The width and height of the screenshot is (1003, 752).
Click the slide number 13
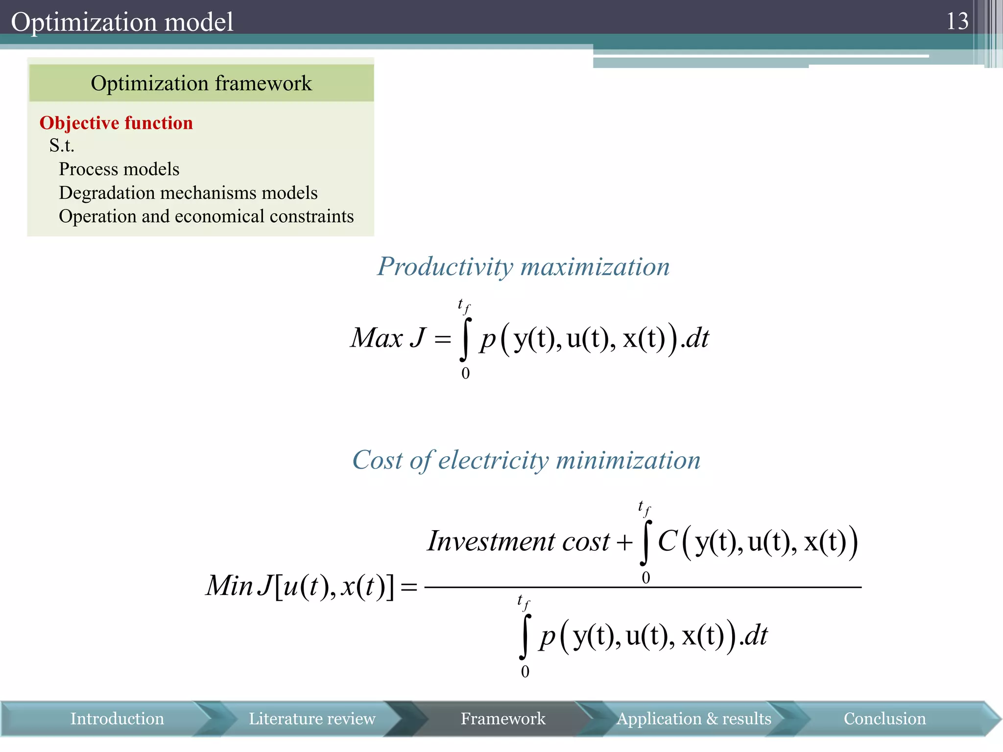pos(957,22)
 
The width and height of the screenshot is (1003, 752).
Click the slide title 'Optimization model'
pos(122,22)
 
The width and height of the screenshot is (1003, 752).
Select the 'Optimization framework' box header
pos(201,83)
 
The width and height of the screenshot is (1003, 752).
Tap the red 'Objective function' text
pos(116,123)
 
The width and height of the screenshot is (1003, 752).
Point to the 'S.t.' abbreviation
pos(62,145)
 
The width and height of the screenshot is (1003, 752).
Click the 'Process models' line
pos(119,169)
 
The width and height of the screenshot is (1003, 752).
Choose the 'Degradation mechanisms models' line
pos(188,193)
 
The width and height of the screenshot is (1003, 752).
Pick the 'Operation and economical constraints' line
pos(206,216)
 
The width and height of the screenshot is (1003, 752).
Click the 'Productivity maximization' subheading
pos(523,267)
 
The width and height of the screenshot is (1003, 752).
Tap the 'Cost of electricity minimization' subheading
pos(526,460)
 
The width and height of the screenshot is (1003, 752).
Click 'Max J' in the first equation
pos(388,338)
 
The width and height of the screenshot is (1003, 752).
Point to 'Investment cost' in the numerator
pos(518,541)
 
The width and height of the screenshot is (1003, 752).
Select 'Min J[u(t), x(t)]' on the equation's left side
pos(300,586)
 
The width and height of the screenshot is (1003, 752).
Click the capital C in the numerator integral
pos(667,541)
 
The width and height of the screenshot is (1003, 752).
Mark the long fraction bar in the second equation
pos(643,587)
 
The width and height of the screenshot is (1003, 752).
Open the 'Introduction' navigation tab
pos(117,719)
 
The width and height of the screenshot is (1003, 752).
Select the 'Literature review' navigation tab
pos(312,719)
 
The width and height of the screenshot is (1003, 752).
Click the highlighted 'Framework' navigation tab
pos(503,719)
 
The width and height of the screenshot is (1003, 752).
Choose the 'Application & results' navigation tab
pos(693,719)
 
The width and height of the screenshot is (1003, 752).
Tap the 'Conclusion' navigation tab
pos(884,719)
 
